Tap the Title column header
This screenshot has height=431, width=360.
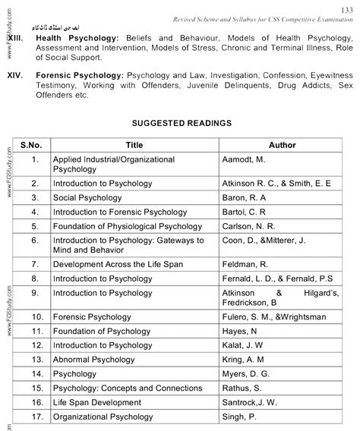134,144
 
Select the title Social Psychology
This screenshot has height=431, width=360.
87,197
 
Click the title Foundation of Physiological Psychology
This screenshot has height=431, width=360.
128,225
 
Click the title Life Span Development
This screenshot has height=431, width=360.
97,402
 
